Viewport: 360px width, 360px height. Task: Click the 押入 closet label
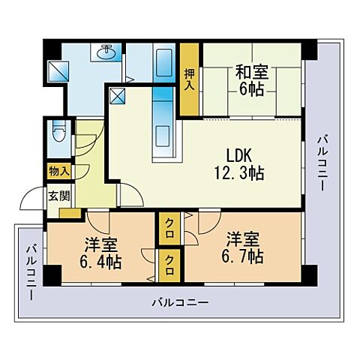pos(189,80)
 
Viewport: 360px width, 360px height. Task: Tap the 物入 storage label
pos(58,172)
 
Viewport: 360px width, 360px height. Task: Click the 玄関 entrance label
pos(58,196)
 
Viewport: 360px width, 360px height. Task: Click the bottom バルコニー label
pos(179,304)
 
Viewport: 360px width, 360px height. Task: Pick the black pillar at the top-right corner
pos(310,49)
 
